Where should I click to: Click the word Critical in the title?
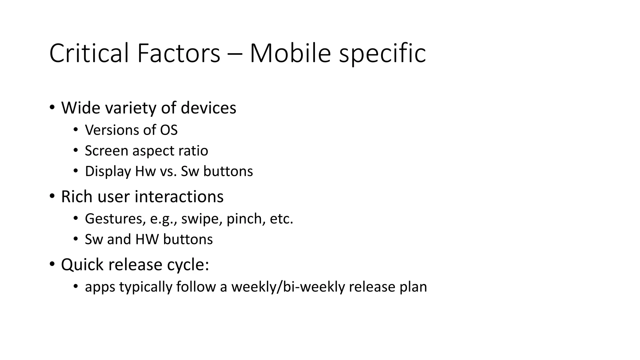coord(92,53)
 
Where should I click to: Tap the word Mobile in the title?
coord(290,53)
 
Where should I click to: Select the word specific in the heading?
coord(382,54)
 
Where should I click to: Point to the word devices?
coord(208,108)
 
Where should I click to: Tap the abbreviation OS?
coord(169,130)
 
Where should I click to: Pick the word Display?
coord(108,172)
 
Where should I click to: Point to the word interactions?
coord(179,197)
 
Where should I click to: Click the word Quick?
coord(82,265)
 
